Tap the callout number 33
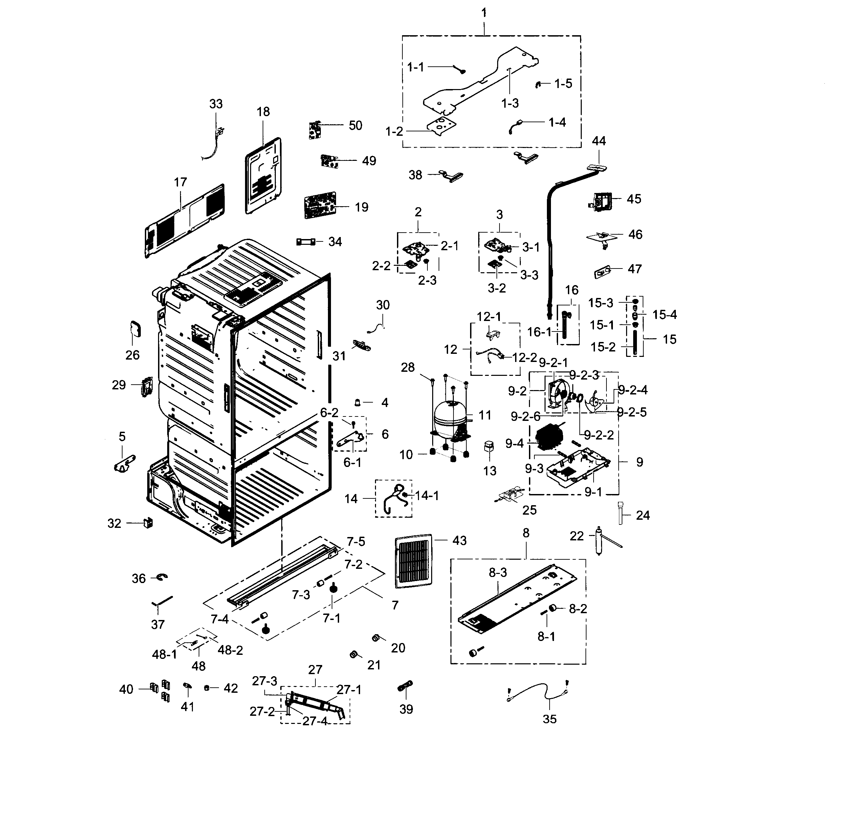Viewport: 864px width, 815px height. (x=216, y=104)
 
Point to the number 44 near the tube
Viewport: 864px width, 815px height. (x=599, y=141)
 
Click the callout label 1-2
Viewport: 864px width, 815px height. (x=394, y=131)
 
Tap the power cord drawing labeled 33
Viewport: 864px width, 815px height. (x=215, y=144)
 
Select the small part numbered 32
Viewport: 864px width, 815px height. (x=148, y=523)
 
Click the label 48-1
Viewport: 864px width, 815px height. (x=164, y=654)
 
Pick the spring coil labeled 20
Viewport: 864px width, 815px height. (x=376, y=638)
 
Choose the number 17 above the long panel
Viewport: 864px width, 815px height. (x=180, y=182)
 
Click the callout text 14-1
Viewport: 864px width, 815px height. (x=427, y=496)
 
